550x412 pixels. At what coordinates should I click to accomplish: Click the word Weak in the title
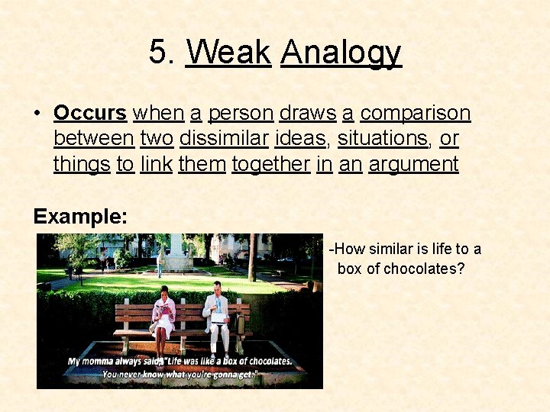(228, 53)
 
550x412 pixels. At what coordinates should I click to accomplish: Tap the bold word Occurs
(89, 113)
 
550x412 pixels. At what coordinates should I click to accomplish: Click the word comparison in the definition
(415, 114)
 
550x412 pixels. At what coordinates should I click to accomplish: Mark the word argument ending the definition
(413, 164)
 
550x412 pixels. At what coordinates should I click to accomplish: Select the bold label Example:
(80, 216)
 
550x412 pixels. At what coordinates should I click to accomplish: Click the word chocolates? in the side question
(423, 269)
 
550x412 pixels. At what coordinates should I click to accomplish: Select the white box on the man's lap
(218, 317)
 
